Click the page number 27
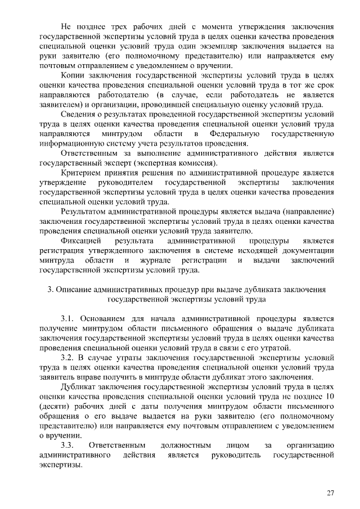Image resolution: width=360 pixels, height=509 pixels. pyautogui.click(x=330, y=493)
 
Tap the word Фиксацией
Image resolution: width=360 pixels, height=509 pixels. pyautogui.click(x=79, y=241)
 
